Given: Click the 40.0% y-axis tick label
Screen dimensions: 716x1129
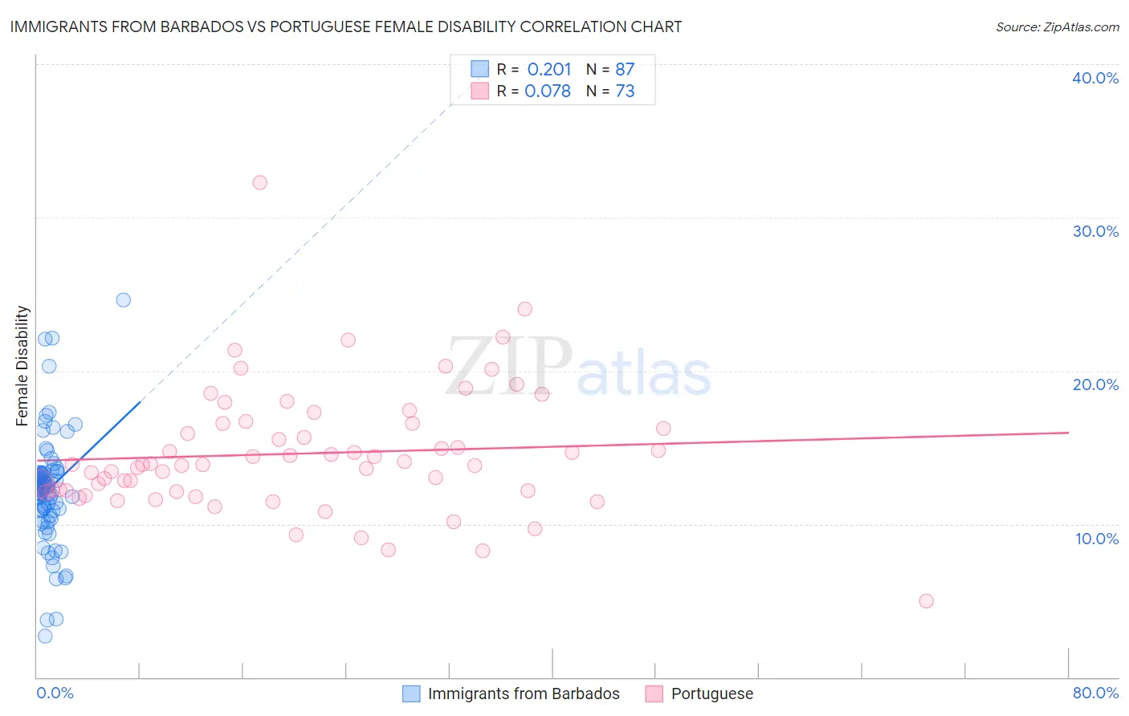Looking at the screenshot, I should coord(1095,78).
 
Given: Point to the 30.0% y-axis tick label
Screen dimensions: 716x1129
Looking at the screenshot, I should coord(1095,231).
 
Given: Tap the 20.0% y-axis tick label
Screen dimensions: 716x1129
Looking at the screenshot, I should coord(1095,384).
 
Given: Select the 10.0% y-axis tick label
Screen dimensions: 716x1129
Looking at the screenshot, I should coord(1097,539).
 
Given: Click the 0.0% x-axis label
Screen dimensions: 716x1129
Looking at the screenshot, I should coord(55,693).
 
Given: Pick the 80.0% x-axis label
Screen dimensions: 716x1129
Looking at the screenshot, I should coord(1095,693).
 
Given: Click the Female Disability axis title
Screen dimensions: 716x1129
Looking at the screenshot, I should coord(22,365).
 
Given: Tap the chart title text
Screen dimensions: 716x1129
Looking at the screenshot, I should coord(346,26).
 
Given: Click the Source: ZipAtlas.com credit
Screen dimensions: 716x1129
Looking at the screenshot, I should coord(1057,26).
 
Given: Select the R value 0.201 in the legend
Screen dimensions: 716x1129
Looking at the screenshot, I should coord(549,70).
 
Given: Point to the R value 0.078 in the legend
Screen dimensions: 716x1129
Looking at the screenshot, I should coord(548,92).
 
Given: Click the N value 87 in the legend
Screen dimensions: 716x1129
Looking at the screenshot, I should coord(625,70).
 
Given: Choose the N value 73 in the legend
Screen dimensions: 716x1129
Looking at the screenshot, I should coord(625,92).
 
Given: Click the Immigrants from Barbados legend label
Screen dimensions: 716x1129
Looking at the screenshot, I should coord(524,694).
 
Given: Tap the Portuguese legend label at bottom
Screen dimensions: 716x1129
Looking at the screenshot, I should coord(712,694).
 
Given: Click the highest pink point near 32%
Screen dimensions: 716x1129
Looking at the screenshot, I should coord(259,182).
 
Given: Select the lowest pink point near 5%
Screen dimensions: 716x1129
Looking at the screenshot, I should coord(926,601).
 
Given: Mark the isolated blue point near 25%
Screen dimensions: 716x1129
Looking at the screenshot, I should coord(124,299).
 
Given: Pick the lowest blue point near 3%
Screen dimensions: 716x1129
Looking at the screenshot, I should coord(45,636).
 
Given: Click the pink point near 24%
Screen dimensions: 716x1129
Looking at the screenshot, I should coord(524,309).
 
